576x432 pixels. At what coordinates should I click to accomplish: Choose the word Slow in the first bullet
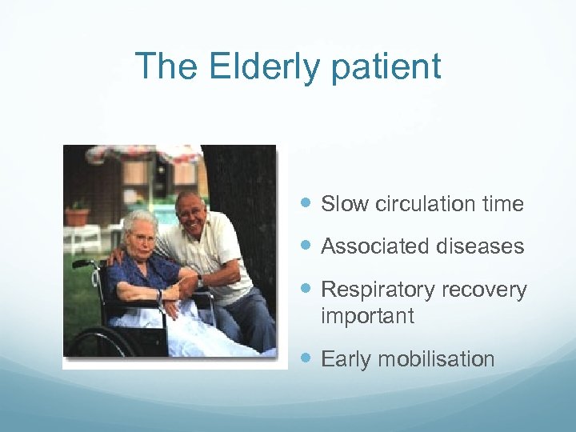[345, 204]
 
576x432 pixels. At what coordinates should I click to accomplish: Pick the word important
[367, 316]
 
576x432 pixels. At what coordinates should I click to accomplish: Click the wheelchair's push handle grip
[81, 262]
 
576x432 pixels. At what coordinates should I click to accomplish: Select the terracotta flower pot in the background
[78, 215]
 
